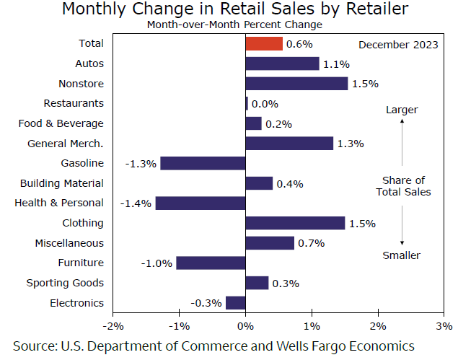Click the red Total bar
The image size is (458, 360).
click(264, 44)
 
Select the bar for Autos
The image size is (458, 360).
click(282, 64)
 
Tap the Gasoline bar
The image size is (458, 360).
click(203, 163)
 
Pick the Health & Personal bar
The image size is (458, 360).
click(200, 203)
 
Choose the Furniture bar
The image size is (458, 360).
click(211, 263)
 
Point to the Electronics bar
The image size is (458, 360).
click(236, 302)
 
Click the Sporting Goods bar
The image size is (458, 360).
click(257, 283)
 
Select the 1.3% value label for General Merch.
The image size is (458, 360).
click(350, 144)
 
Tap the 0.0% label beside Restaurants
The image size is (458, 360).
click(265, 104)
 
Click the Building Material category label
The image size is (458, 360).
click(62, 183)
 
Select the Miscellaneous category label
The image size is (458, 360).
click(69, 243)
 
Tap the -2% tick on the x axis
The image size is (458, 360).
click(113, 324)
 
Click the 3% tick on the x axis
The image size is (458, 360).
click(444, 324)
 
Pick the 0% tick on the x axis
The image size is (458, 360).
click(246, 324)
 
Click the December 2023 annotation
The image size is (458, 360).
click(398, 45)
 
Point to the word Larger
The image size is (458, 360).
click(402, 110)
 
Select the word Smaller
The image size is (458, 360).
click(402, 255)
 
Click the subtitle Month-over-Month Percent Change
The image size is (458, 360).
click(234, 25)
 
